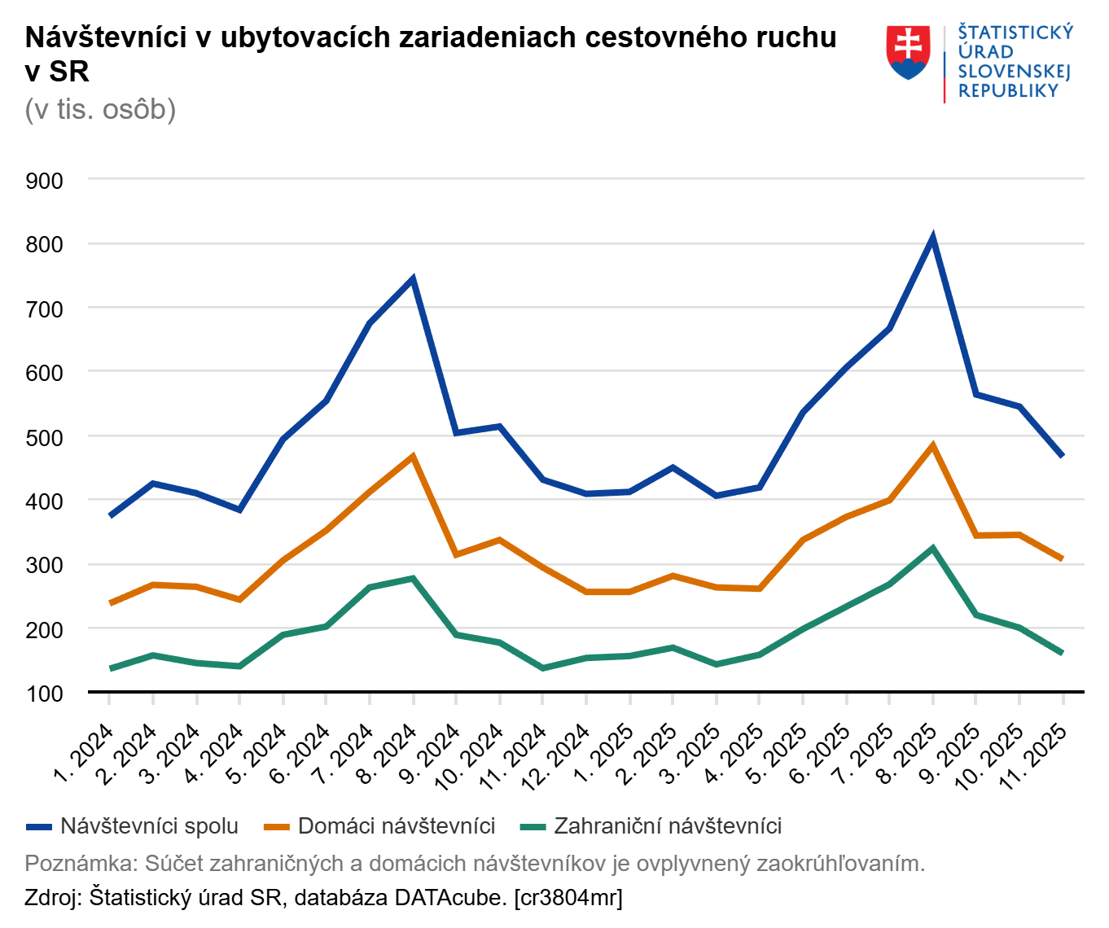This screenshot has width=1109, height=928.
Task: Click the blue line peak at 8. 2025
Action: [x=932, y=238]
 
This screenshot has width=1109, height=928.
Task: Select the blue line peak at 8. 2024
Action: [x=413, y=279]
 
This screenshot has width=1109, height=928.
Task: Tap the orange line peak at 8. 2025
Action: [x=932, y=445]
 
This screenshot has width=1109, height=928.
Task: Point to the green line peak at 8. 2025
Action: [x=932, y=548]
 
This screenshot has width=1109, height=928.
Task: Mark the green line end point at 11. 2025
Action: [x=1062, y=653]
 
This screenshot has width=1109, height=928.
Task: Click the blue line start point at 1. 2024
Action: [x=110, y=516]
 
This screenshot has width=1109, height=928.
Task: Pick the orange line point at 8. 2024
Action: [x=413, y=456]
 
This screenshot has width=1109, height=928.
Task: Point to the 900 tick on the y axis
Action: [x=45, y=181]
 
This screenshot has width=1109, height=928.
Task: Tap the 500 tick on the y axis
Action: [x=45, y=437]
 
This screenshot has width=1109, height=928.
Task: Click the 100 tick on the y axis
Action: [x=45, y=694]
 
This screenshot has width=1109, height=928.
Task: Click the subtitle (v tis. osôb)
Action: [x=100, y=109]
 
